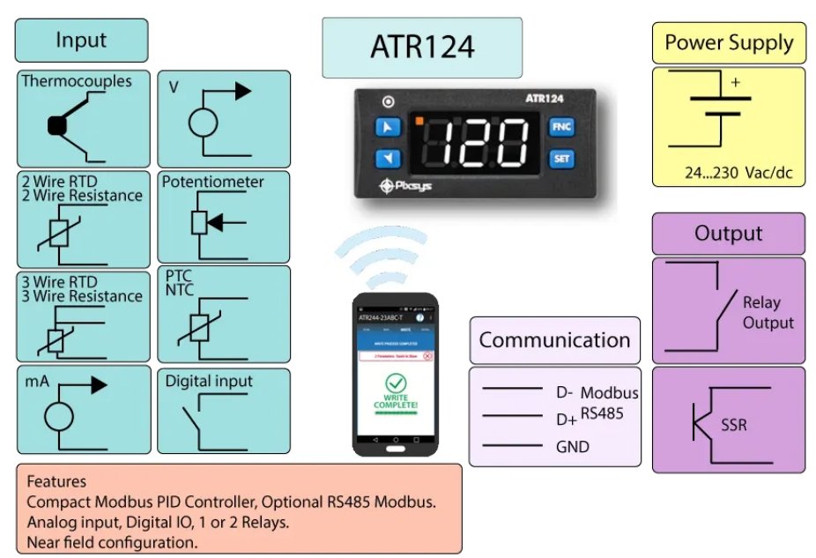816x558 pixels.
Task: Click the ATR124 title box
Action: [421, 47]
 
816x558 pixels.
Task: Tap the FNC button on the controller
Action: [561, 126]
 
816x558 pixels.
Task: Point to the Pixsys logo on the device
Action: [410, 185]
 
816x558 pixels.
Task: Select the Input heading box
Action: [81, 41]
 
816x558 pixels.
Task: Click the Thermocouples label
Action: [77, 81]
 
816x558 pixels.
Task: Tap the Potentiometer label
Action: [212, 182]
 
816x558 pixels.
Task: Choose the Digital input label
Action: [209, 381]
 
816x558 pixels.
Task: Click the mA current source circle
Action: [59, 415]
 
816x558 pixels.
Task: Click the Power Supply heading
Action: [729, 42]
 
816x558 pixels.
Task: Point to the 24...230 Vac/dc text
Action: [738, 172]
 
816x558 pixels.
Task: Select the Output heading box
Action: [728, 234]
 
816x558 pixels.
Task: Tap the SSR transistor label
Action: [733, 425]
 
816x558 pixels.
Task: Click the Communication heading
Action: [554, 340]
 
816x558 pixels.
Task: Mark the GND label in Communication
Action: [572, 447]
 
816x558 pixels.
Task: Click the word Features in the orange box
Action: [56, 482]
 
